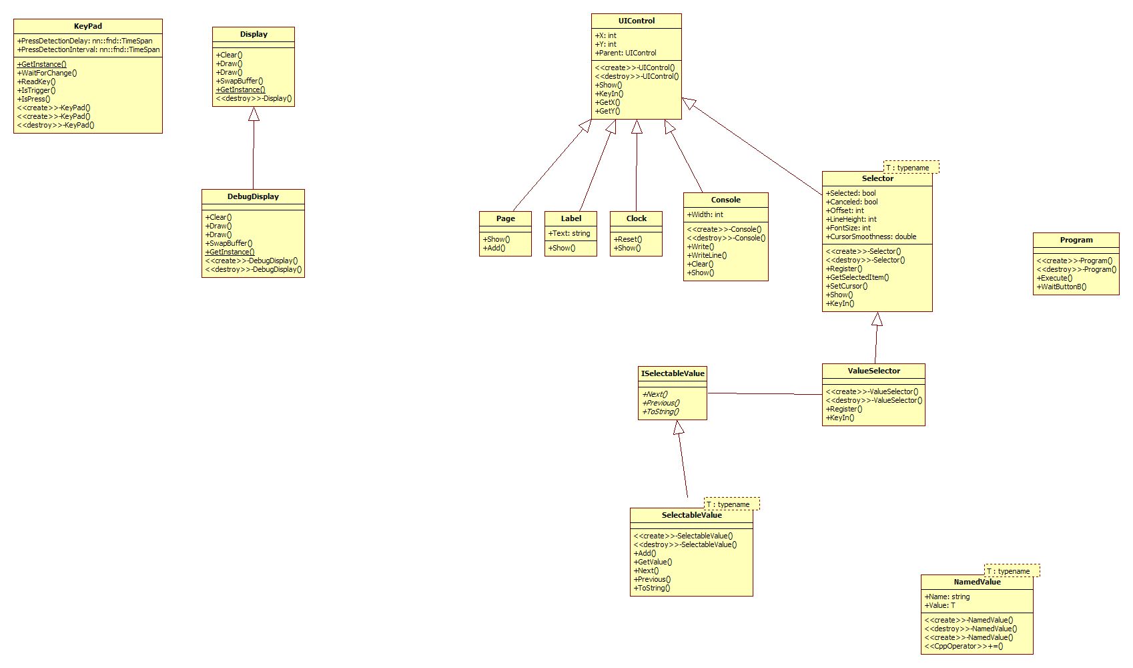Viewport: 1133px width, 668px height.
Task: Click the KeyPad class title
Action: pos(87,26)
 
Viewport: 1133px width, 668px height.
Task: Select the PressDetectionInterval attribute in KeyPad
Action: pos(89,49)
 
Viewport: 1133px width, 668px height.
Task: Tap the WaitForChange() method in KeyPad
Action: pos(47,73)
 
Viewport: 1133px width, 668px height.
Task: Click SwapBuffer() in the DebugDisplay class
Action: pos(229,243)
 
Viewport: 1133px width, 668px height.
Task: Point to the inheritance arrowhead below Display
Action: pos(254,114)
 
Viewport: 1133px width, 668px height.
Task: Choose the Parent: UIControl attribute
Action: pos(626,53)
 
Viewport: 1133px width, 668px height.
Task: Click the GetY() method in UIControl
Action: pos(607,111)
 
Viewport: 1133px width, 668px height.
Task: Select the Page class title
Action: pos(505,218)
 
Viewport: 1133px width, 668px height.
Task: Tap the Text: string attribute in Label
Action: pos(569,234)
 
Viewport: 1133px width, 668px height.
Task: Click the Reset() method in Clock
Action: pos(628,239)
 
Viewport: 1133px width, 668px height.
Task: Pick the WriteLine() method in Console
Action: pos(707,255)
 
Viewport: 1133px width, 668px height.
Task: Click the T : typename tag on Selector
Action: pos(911,167)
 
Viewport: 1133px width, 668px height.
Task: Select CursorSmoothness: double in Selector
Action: pos(871,236)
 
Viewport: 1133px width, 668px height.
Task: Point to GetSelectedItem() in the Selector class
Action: pos(857,277)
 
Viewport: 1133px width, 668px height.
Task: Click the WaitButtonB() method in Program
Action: pos(1062,287)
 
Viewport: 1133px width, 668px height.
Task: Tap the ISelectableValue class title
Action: pos(673,374)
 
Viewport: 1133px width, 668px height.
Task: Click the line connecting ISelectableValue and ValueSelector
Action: pos(765,393)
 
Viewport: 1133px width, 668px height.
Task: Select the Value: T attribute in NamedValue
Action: pos(939,605)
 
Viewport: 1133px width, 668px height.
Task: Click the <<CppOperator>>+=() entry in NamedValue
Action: pos(964,646)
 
